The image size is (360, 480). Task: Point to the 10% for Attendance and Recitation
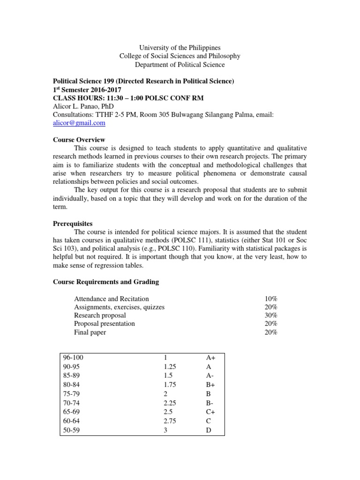pyautogui.click(x=271, y=299)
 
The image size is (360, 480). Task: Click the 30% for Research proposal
pyautogui.click(x=271, y=315)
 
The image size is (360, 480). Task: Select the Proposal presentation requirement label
pyautogui.click(x=104, y=324)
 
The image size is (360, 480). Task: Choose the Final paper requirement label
pyautogui.click(x=90, y=332)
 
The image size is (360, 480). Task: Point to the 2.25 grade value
pyautogui.click(x=166, y=403)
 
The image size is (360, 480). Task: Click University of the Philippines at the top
pyautogui.click(x=180, y=48)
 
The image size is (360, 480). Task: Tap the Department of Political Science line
pyautogui.click(x=180, y=65)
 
